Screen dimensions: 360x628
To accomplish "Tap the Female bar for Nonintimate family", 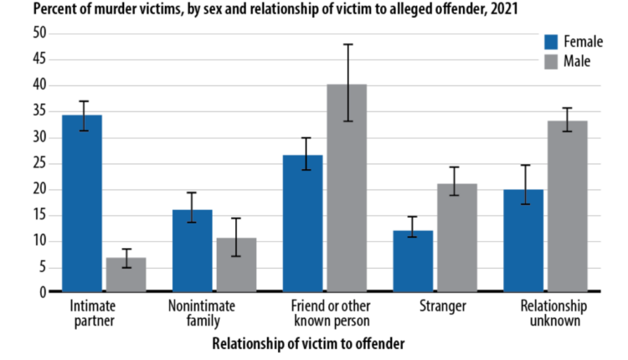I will coord(193,250).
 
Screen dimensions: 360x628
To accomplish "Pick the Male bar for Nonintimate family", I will coord(236,265).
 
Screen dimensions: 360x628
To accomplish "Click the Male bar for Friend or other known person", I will coord(347,188).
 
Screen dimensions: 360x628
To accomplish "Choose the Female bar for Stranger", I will coord(413,261).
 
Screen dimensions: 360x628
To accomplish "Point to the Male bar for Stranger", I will coord(456,238).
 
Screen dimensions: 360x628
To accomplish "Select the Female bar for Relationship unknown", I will coord(523,240).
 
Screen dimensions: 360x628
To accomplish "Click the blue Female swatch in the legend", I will coord(551,43).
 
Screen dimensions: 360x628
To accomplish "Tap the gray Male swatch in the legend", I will coord(551,61).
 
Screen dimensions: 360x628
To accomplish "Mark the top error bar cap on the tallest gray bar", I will coord(347,44).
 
